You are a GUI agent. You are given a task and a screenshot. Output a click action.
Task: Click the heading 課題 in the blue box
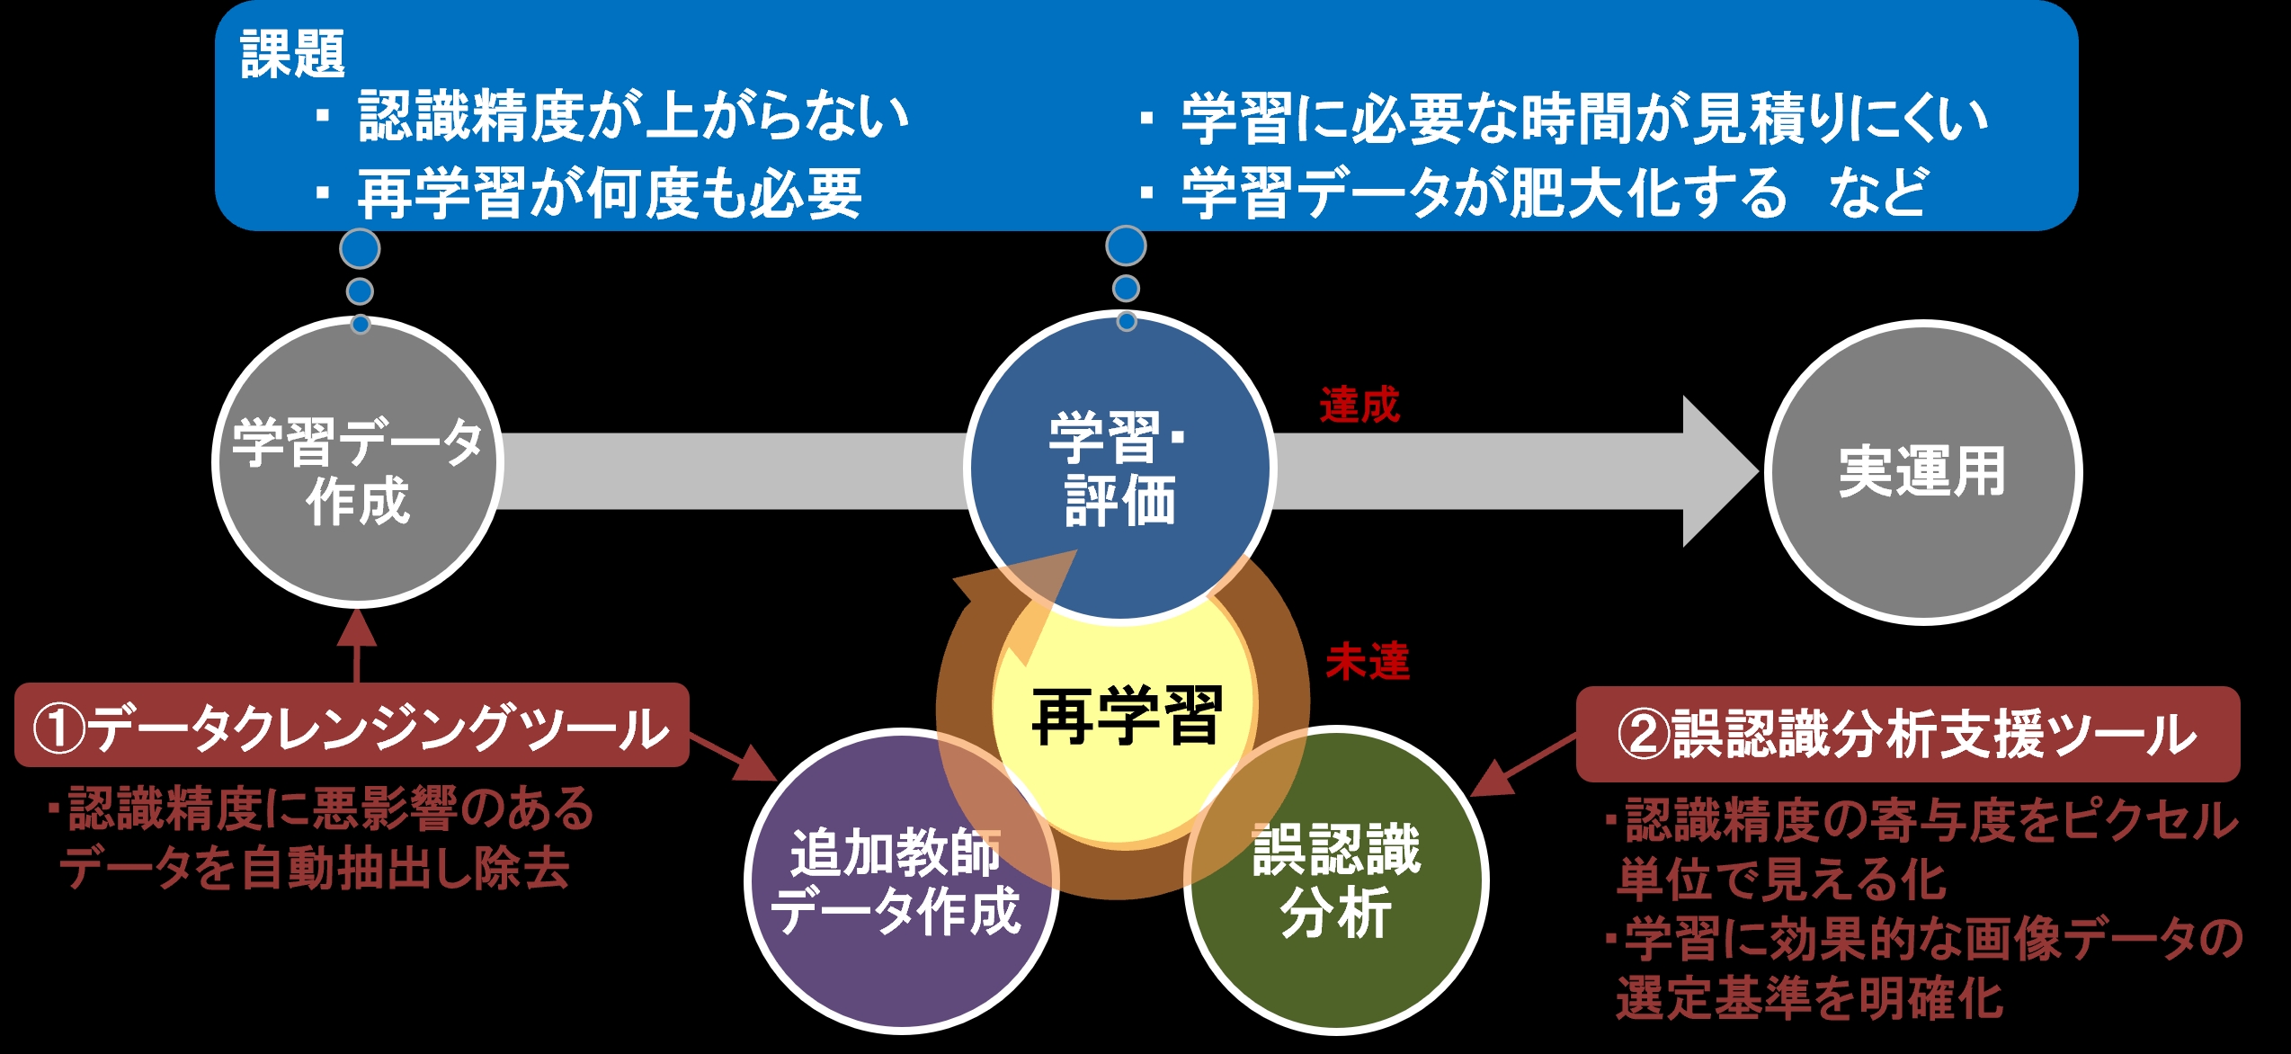(292, 54)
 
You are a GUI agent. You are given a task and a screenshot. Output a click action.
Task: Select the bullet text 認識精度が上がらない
(634, 117)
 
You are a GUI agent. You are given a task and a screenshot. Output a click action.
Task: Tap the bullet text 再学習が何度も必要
(610, 193)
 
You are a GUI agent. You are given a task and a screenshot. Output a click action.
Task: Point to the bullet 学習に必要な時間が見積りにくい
(1584, 119)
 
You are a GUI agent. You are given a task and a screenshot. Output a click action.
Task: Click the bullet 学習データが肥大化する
(1484, 193)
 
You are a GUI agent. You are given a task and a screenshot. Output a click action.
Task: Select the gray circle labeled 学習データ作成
(358, 462)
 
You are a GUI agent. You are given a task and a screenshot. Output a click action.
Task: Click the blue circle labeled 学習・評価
(1120, 467)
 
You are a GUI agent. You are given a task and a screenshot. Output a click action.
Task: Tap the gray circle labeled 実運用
(1923, 472)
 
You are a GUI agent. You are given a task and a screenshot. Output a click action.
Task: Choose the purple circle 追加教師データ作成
(902, 880)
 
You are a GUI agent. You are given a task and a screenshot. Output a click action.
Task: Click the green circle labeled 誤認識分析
(1337, 880)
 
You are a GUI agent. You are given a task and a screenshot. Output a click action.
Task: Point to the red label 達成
(1359, 406)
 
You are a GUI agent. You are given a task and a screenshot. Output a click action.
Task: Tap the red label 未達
(1368, 662)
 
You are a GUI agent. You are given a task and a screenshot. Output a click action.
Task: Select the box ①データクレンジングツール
(352, 725)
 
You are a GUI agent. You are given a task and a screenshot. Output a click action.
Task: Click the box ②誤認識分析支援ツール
(1908, 734)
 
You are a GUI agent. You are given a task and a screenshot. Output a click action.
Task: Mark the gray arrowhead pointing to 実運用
(1720, 471)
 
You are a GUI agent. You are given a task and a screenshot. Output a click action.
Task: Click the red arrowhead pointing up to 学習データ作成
(357, 628)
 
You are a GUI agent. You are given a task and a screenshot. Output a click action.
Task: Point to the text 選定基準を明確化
(1809, 998)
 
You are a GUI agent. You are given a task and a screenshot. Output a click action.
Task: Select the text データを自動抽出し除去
(315, 869)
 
